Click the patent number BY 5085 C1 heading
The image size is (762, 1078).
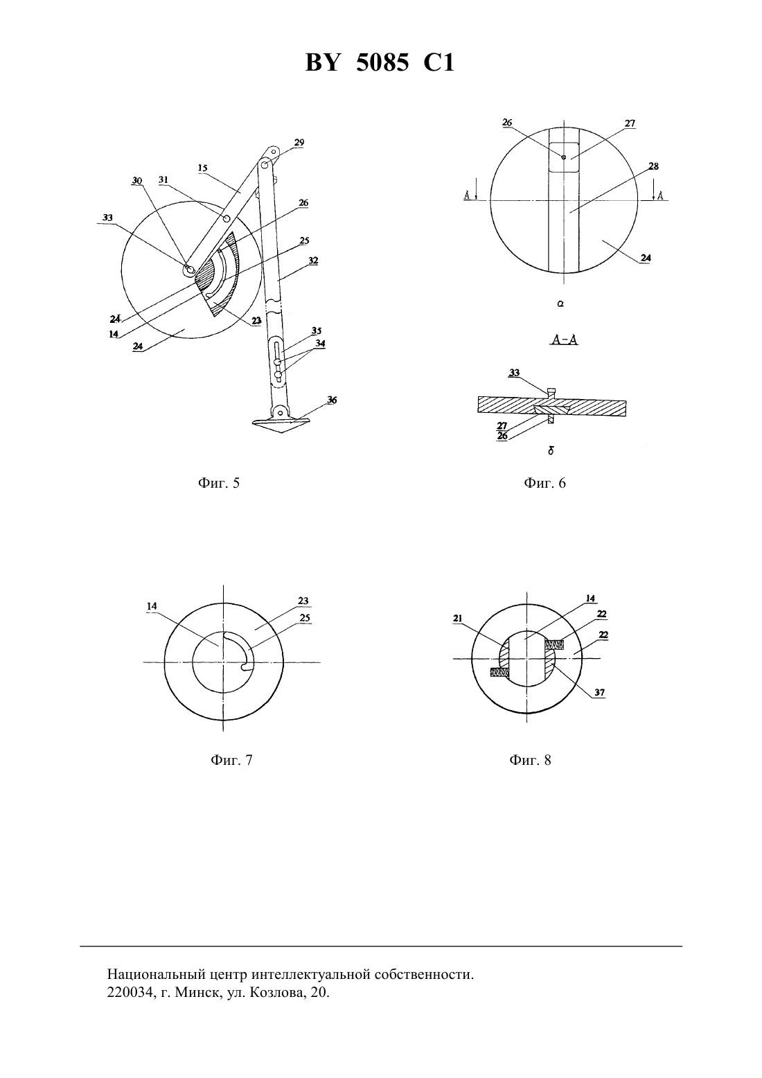click(380, 63)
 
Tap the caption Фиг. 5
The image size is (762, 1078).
click(218, 483)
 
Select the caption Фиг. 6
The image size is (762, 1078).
click(544, 483)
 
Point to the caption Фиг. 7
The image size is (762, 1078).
click(231, 760)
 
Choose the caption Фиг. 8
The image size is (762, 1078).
click(530, 760)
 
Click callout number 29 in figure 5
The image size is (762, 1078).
click(299, 143)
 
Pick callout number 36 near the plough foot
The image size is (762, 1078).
click(332, 400)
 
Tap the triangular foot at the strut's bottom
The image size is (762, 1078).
click(281, 425)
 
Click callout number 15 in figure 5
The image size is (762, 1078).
click(202, 168)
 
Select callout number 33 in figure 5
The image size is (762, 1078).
click(108, 218)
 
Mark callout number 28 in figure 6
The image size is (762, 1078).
click(653, 166)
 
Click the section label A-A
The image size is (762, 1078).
click(565, 339)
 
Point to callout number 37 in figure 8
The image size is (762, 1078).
click(599, 693)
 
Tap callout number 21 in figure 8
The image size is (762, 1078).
click(457, 619)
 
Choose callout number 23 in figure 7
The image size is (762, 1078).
click(303, 601)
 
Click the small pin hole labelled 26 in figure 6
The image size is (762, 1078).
click(564, 157)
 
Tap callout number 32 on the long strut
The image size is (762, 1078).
click(313, 260)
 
